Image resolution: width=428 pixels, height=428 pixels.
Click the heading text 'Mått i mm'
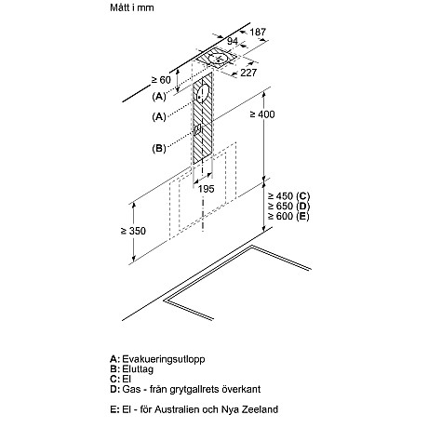tap(132, 7)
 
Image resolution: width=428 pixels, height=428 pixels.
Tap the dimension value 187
tap(258, 32)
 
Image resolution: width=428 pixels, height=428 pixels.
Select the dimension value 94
tap(233, 41)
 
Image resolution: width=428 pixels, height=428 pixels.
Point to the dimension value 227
tap(248, 73)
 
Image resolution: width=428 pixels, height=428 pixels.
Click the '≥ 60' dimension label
tap(161, 80)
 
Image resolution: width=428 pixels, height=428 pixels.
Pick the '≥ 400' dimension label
tap(262, 114)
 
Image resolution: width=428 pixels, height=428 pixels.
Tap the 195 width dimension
tap(207, 189)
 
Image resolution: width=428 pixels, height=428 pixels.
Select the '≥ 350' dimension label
tap(133, 231)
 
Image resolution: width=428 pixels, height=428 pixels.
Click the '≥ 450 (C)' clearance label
tap(289, 196)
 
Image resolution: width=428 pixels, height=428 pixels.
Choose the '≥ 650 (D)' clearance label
tap(289, 207)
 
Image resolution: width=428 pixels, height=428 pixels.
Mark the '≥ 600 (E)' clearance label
tap(288, 216)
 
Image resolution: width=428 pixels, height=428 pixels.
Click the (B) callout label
tap(159, 148)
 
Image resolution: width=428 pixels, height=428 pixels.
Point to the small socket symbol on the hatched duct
tap(197, 129)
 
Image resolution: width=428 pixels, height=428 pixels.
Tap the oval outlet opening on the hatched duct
tap(203, 93)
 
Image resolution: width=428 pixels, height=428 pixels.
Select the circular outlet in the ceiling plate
tap(219, 59)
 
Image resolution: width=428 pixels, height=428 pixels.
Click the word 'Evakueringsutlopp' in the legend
tap(164, 359)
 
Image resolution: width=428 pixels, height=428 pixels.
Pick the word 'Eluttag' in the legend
tap(138, 369)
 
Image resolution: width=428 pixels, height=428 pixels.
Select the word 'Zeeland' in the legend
tap(261, 409)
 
